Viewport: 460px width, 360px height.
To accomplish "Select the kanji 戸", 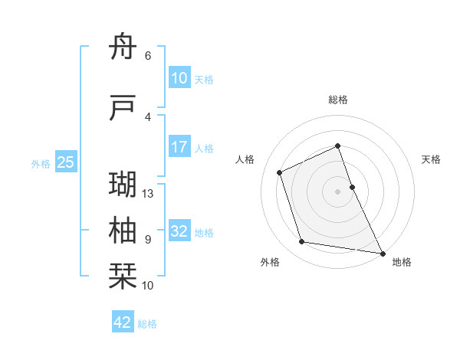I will coord(123,108).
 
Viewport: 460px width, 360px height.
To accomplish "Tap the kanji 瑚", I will coord(123,185).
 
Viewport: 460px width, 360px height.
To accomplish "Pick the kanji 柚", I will coord(123,231).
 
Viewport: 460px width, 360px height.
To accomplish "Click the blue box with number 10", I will coord(179,78).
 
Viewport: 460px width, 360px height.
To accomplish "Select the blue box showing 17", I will coord(179,147).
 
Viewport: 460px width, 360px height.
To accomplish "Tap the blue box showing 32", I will coord(179,231).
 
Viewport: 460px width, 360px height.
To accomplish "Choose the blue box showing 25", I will coord(66,162).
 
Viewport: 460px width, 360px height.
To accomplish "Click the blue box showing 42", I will coord(123,322).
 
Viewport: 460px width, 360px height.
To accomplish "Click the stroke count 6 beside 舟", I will coord(147,56).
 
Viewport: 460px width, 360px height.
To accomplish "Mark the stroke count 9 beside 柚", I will coord(147,240).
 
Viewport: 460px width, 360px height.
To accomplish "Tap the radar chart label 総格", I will coord(337,100).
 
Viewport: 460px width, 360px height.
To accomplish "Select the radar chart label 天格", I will coord(431,159).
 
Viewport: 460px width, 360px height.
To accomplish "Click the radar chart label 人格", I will coord(245,159).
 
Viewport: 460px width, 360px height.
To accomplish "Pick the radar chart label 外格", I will coord(270,263).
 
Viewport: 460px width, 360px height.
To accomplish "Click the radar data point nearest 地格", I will coord(382,252).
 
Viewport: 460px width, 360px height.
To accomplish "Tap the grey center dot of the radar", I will coord(337,191).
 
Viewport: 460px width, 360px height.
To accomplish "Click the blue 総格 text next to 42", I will coord(147,323).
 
